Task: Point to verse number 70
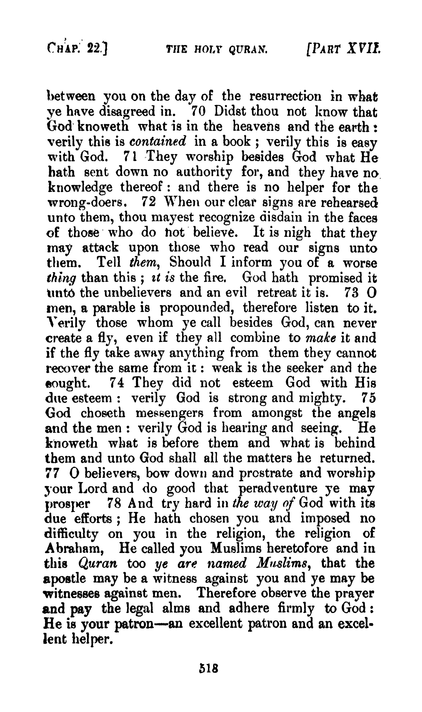tap(198, 112)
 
